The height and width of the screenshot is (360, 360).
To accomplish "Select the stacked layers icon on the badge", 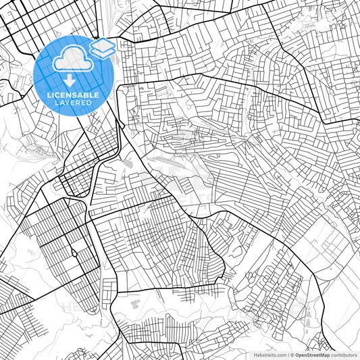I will pos(102,49).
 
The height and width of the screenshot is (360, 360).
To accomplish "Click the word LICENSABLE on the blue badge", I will pos(73,95).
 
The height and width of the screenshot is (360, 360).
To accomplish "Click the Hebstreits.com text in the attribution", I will pos(270,355).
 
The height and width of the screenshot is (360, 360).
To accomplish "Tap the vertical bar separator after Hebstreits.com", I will pos(288,355).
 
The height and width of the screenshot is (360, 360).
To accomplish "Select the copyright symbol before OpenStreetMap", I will pos(292,355).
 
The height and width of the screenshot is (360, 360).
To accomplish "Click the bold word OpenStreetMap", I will pos(313,355).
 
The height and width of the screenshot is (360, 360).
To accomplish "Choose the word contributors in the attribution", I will pos(344,355).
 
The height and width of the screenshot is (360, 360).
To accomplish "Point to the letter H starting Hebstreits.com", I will pos(255,355).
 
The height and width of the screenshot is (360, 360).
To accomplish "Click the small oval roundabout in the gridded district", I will pos(73,254).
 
